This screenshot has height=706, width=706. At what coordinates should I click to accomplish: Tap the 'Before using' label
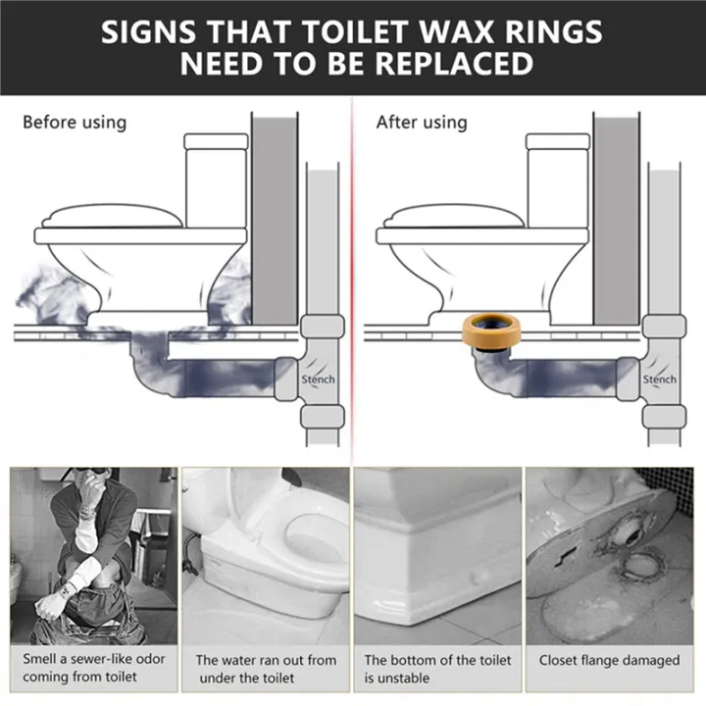point(75,123)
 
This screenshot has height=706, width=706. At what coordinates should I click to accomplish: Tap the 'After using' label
point(422,123)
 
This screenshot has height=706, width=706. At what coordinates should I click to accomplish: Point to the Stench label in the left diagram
point(318,379)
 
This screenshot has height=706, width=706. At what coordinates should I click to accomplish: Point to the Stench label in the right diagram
point(660,379)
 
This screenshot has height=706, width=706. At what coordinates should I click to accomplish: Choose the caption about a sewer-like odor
point(94,668)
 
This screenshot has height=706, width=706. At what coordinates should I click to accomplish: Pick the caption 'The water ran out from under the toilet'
point(264,669)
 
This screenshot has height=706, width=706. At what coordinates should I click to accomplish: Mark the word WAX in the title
point(461,30)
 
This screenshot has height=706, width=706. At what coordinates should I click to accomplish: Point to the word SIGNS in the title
point(156,30)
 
